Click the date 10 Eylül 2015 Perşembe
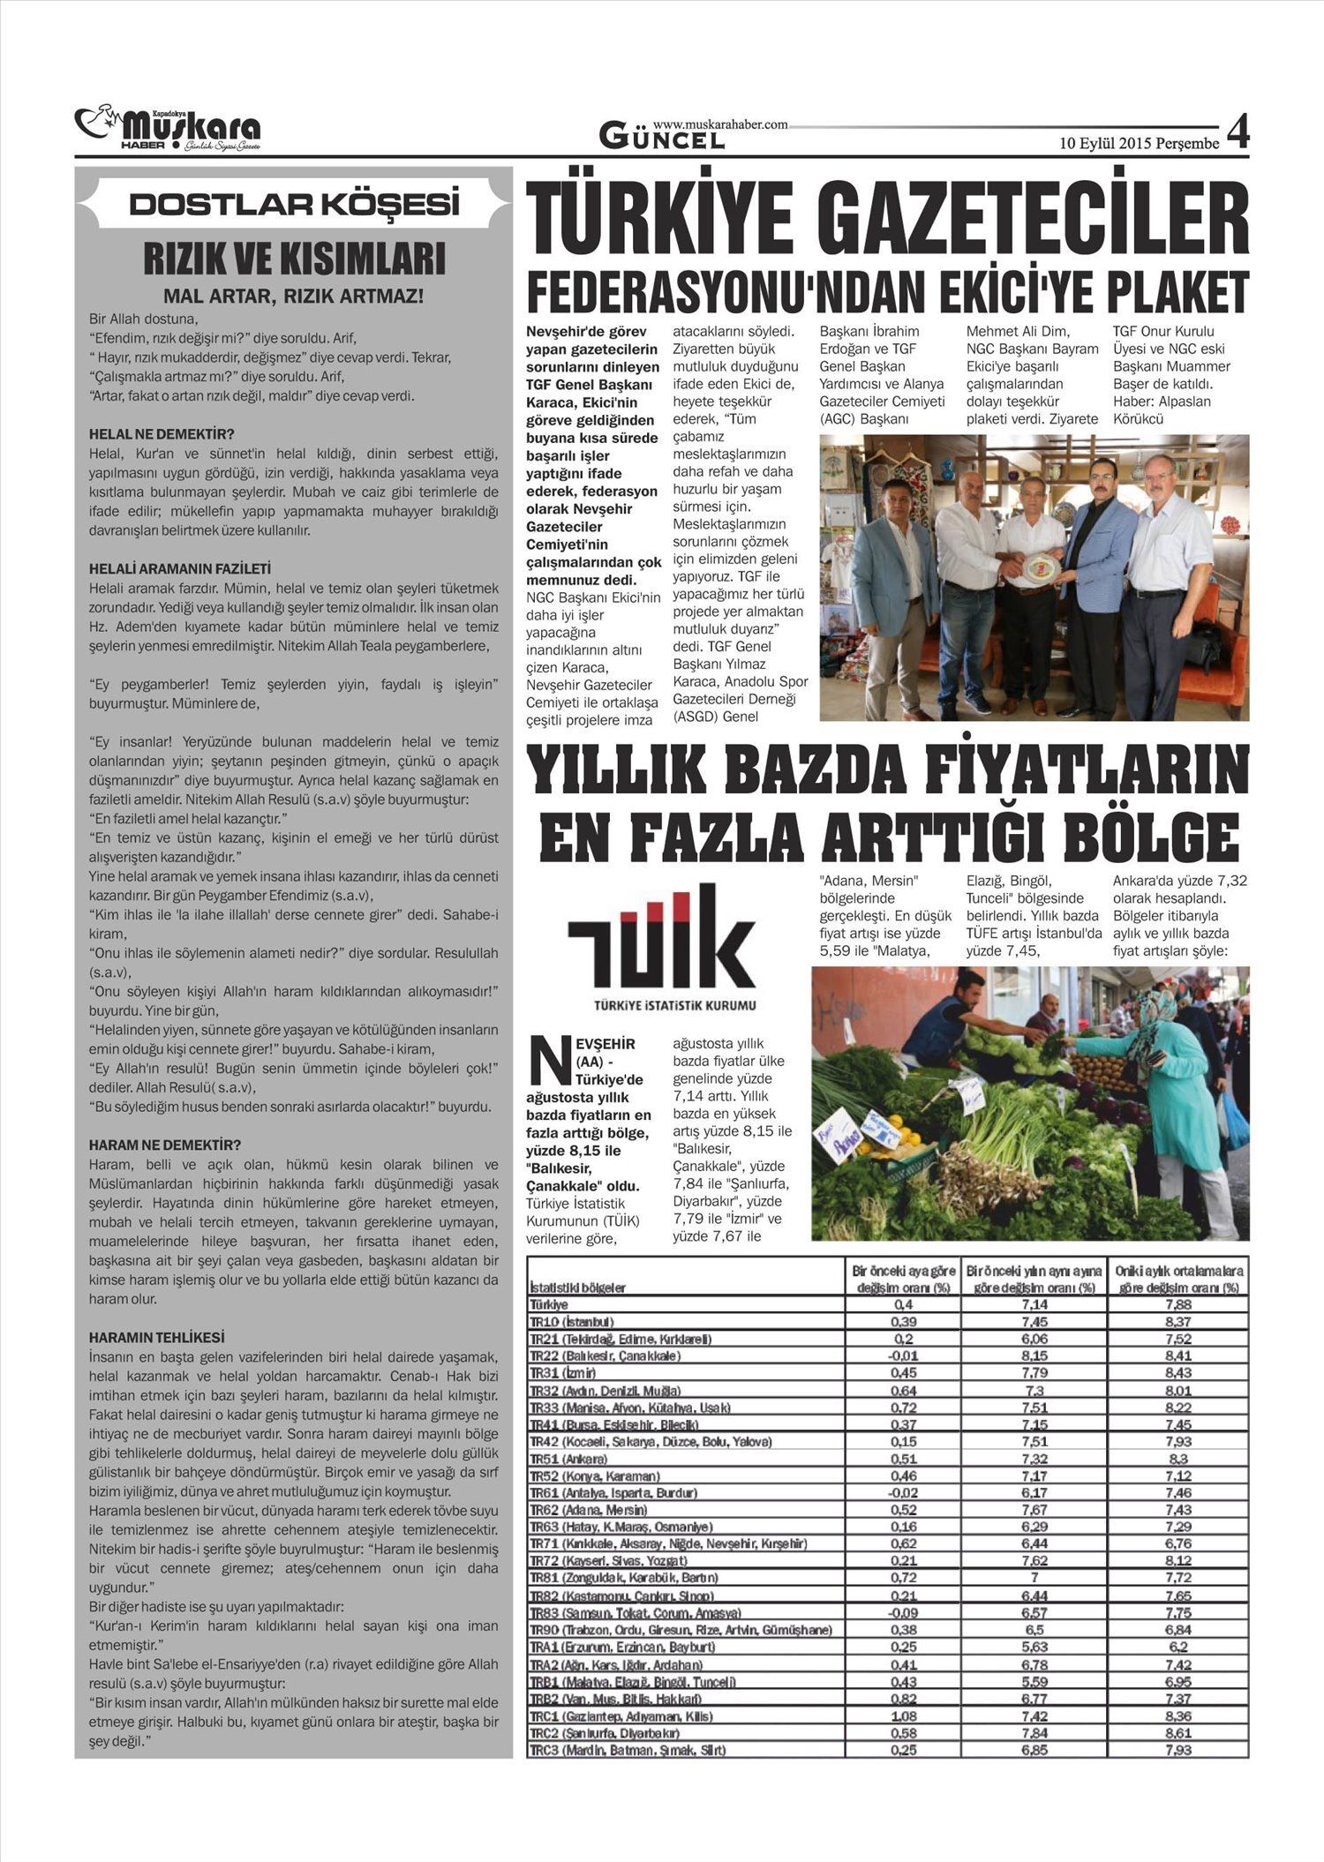(1140, 143)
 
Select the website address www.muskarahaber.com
(720, 125)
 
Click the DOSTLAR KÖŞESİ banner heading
(294, 205)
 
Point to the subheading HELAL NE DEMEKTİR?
(162, 434)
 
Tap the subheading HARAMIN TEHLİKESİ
(157, 1338)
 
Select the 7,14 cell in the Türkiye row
(1034, 1304)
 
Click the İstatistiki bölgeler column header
(577, 1288)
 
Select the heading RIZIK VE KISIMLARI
(294, 260)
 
